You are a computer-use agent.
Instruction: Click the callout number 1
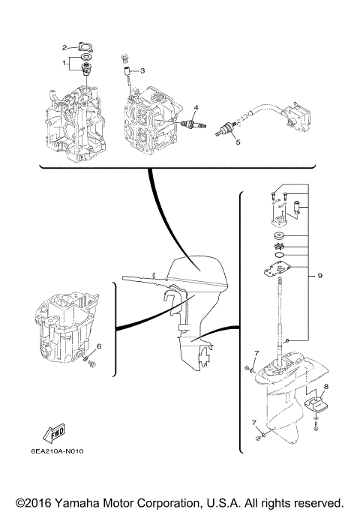coord(64,63)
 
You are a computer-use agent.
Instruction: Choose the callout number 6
coord(98,346)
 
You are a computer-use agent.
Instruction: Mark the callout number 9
coord(319,276)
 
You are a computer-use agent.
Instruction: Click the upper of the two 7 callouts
coord(256,354)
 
